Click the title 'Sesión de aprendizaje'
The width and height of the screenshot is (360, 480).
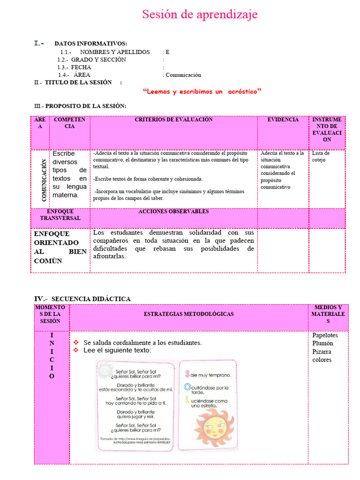(200, 15)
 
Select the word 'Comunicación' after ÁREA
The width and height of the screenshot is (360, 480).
(183, 75)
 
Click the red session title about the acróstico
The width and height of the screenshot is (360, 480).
(202, 92)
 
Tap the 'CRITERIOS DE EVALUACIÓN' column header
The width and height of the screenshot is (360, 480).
(173, 120)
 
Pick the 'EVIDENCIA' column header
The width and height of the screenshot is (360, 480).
(283, 120)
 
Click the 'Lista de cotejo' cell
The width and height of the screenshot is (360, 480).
(321, 157)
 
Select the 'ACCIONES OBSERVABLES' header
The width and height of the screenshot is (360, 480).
(173, 212)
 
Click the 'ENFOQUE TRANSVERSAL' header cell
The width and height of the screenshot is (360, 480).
(60, 215)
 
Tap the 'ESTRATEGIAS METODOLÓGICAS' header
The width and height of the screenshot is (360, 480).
(188, 314)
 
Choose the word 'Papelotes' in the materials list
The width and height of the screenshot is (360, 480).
(325, 335)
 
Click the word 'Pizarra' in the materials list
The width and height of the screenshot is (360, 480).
(322, 352)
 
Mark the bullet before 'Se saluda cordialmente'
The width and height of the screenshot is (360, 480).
(76, 343)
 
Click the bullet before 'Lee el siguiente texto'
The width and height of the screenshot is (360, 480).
(76, 350)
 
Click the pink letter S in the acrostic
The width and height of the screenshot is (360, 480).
(187, 374)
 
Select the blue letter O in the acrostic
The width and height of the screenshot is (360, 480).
(187, 387)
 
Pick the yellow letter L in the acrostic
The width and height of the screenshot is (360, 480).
(187, 400)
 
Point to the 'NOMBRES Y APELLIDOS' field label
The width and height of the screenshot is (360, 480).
(115, 52)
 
